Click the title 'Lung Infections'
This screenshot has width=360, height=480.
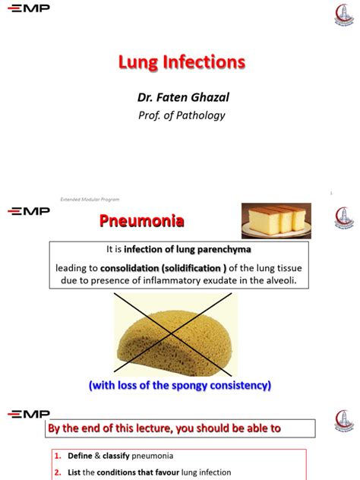[181, 62]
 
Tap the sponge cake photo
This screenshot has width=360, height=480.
[278, 220]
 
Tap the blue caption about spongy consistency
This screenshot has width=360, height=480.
[179, 385]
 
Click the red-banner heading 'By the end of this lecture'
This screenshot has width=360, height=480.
[165, 428]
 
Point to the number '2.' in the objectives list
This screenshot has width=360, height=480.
[58, 472]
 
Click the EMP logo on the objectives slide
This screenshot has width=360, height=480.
[28, 414]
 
